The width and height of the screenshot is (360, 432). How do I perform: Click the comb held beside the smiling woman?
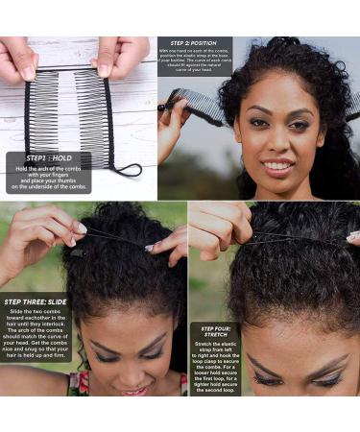click(x=196, y=98)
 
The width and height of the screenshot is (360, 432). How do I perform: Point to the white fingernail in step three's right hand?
click(x=150, y=248)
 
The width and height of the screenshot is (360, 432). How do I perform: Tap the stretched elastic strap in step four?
click(x=288, y=235)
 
